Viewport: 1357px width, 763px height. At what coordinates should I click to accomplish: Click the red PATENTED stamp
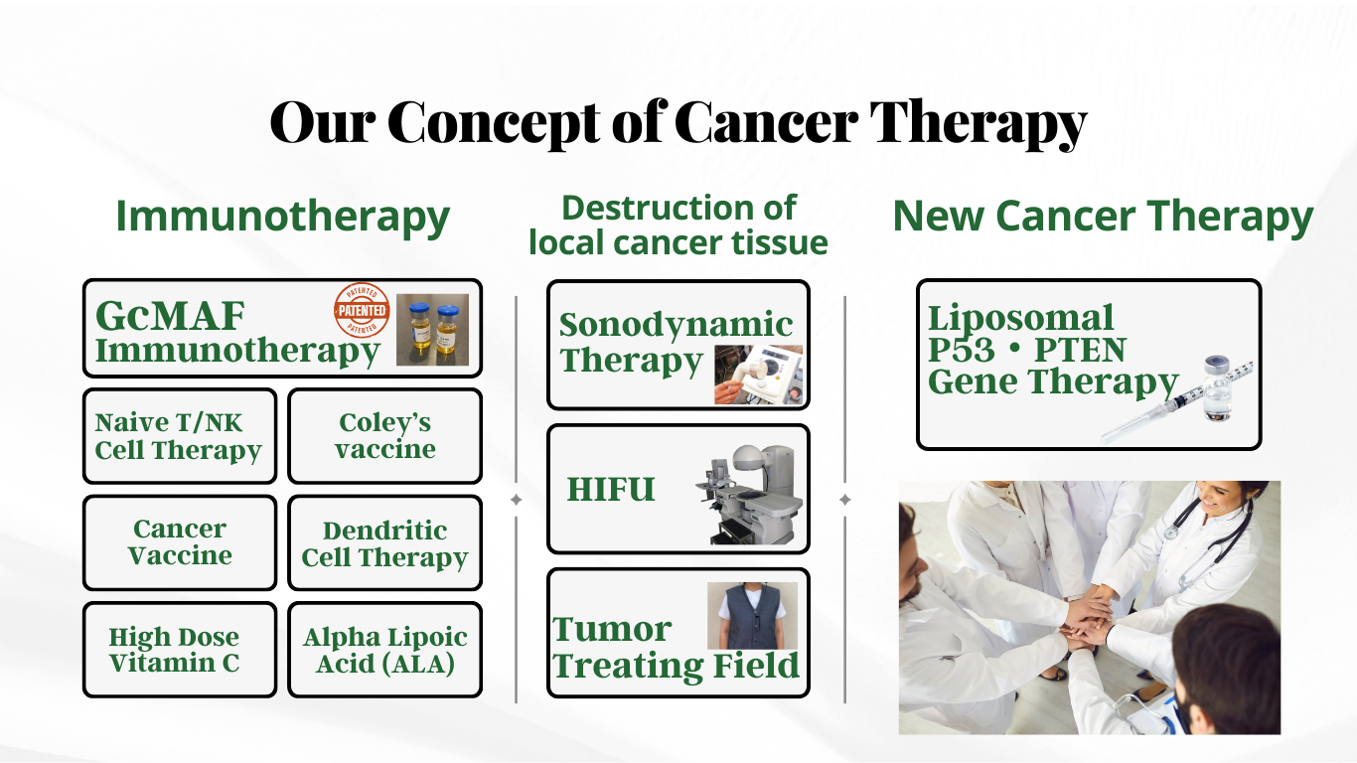[x=362, y=310]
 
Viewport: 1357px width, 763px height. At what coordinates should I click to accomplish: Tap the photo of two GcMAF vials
[x=432, y=330]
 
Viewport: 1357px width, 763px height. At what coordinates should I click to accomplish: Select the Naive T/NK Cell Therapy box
[x=180, y=436]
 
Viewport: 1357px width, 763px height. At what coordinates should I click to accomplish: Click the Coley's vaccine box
[x=385, y=436]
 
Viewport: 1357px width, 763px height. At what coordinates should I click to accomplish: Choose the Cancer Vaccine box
[x=180, y=542]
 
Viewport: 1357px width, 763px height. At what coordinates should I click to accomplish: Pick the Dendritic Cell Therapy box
[x=385, y=542]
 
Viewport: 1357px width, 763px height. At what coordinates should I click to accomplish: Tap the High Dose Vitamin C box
[x=180, y=649]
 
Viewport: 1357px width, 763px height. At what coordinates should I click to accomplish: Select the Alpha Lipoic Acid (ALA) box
[x=385, y=649]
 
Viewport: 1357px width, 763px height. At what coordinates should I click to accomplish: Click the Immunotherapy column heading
[x=282, y=217]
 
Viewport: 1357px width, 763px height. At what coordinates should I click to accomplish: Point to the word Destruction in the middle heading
[x=653, y=208]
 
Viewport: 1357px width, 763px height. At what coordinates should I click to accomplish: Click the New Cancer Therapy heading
[x=1103, y=217]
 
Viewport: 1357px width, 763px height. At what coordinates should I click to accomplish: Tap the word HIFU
[x=611, y=489]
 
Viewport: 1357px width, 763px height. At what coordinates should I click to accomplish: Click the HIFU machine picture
[x=749, y=495]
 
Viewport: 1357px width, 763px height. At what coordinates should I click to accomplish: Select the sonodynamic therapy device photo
[x=758, y=375]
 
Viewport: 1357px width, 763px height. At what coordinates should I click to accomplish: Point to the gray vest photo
[x=752, y=616]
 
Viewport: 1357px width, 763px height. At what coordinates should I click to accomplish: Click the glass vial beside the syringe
[x=1218, y=389]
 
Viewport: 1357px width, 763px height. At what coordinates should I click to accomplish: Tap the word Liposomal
[x=1021, y=318]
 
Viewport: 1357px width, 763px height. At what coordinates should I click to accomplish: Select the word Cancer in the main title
[x=766, y=122]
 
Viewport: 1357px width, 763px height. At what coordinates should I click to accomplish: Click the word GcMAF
[x=170, y=316]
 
